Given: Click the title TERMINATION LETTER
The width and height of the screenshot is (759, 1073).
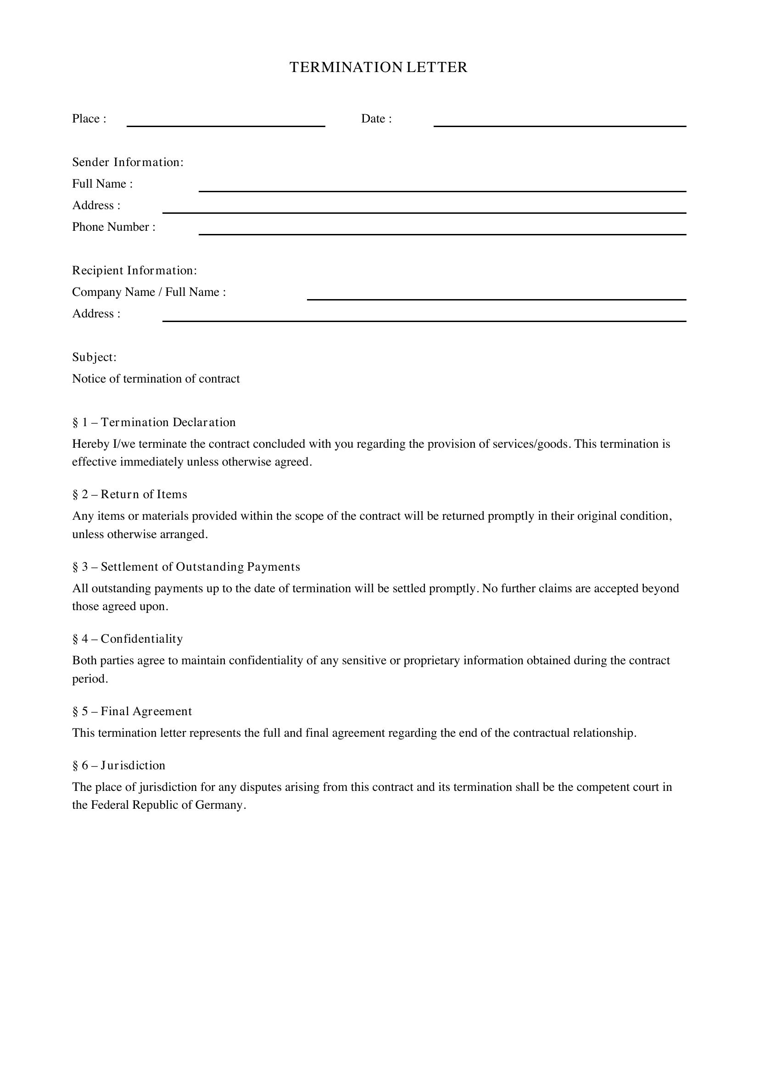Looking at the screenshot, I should (379, 67).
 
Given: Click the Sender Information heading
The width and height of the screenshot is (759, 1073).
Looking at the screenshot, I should (128, 162).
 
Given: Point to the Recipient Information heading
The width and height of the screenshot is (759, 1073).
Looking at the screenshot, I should (134, 271).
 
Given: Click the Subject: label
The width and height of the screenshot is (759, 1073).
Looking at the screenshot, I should (95, 357).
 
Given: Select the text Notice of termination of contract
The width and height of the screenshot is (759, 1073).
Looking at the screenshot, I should (156, 379).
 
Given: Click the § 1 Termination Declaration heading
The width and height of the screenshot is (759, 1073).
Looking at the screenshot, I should (154, 423).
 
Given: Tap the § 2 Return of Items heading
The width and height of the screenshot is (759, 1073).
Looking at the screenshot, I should (129, 495).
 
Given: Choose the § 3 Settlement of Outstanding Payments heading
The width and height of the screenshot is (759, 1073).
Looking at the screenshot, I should (186, 567).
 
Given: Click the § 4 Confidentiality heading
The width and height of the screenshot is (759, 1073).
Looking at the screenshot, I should (128, 639).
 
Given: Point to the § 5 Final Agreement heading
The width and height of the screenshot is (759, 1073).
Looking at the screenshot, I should (132, 712).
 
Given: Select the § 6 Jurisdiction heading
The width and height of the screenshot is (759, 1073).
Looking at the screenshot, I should (119, 766).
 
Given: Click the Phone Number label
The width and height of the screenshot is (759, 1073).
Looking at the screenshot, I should (113, 227).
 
